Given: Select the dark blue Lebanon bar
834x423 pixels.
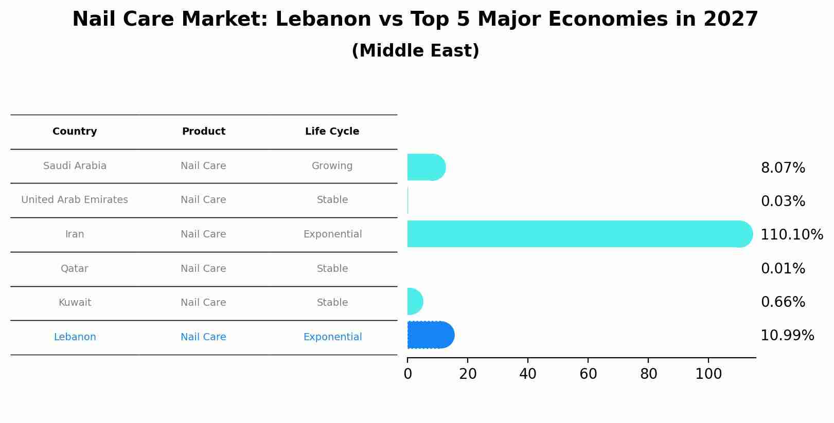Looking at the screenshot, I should [x=430, y=335].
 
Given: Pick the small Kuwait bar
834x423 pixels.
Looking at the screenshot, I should [x=415, y=301].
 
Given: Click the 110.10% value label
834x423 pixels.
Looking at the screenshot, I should [x=791, y=234].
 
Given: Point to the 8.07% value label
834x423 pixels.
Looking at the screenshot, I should [x=783, y=168].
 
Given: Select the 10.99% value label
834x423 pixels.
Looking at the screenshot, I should [x=787, y=336].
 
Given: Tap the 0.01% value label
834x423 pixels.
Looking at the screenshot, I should [x=783, y=268].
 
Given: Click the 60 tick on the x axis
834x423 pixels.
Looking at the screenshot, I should [x=588, y=374].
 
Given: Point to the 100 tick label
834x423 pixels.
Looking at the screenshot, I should [x=708, y=374].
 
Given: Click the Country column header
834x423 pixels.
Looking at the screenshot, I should [x=75, y=132].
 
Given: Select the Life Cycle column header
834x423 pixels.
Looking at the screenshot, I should [x=332, y=132].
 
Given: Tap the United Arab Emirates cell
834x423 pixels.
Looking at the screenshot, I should [x=75, y=200].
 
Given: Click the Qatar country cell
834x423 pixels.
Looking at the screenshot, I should [x=75, y=269].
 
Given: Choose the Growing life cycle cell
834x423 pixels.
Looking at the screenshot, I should [x=332, y=166].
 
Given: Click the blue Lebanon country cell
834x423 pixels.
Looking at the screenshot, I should [x=75, y=337].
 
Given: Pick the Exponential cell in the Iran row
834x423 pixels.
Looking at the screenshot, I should [x=332, y=234].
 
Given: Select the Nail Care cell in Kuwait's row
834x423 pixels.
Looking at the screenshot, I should [x=203, y=303].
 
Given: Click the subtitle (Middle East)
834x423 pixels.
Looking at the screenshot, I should [x=415, y=51].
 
